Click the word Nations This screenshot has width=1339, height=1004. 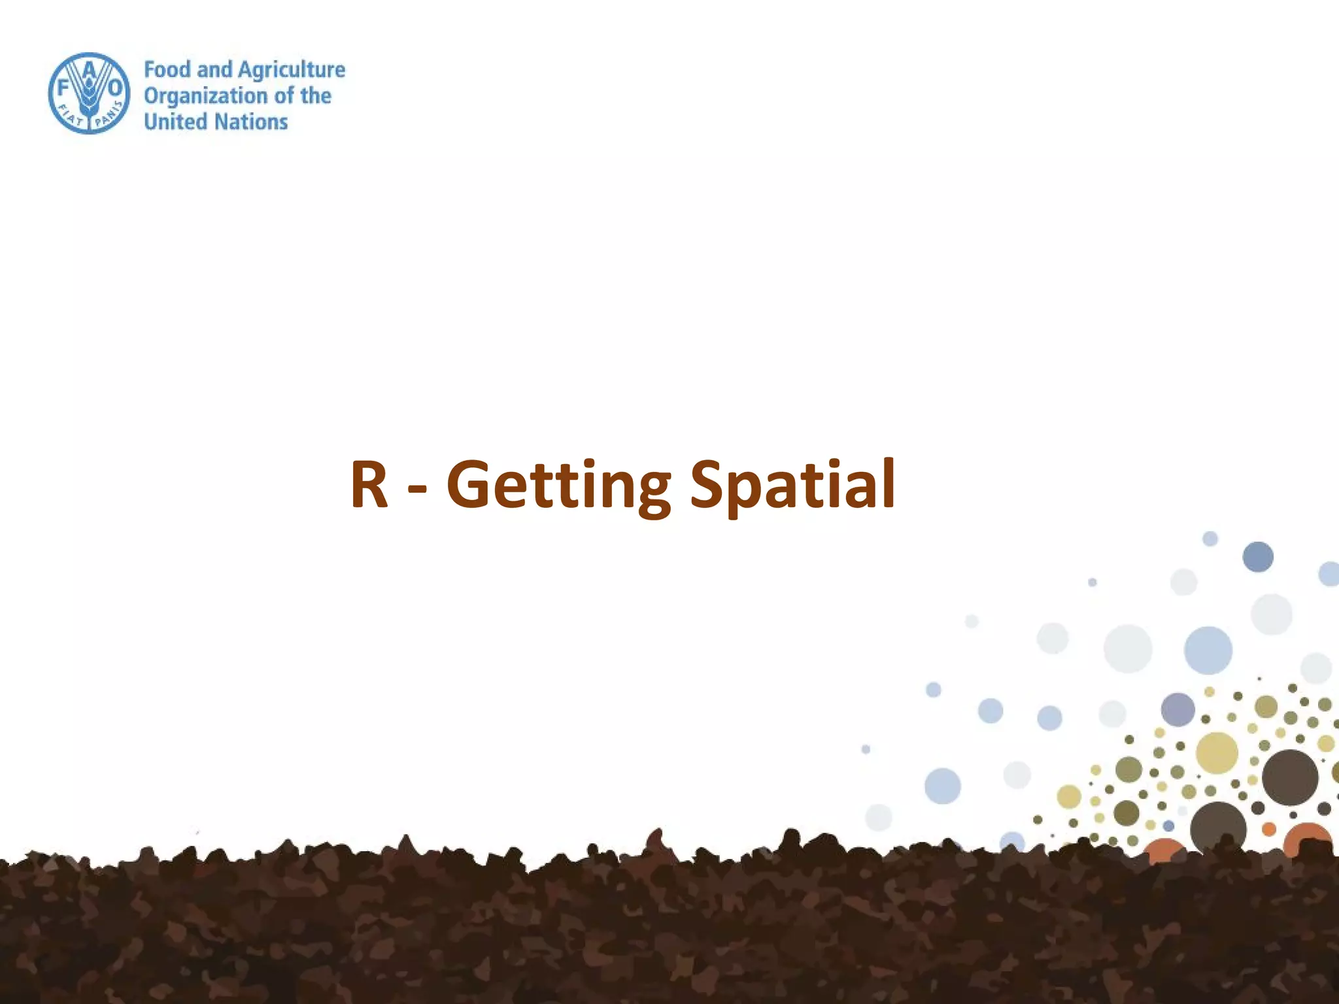tap(252, 122)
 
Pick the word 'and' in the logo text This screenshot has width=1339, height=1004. tap(214, 69)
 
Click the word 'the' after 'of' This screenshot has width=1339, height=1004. tap(316, 95)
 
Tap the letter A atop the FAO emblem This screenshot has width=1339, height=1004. tap(90, 67)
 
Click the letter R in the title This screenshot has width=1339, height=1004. tap(369, 484)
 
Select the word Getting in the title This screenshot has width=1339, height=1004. tap(558, 487)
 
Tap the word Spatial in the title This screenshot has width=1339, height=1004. tap(792, 487)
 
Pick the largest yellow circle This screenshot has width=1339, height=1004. tap(1217, 753)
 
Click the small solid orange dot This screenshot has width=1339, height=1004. tap(1269, 829)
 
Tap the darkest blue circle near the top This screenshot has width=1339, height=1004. tap(1258, 557)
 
